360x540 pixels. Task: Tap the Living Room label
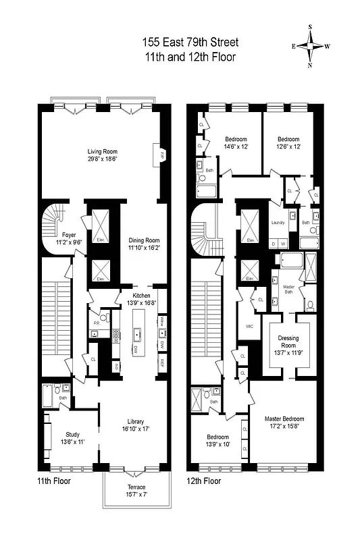pyautogui.click(x=102, y=151)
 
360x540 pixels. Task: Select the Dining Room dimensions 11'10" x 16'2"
pyautogui.click(x=143, y=248)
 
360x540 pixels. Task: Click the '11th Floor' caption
pyautogui.click(x=55, y=481)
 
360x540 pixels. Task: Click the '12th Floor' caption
pyautogui.click(x=203, y=481)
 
